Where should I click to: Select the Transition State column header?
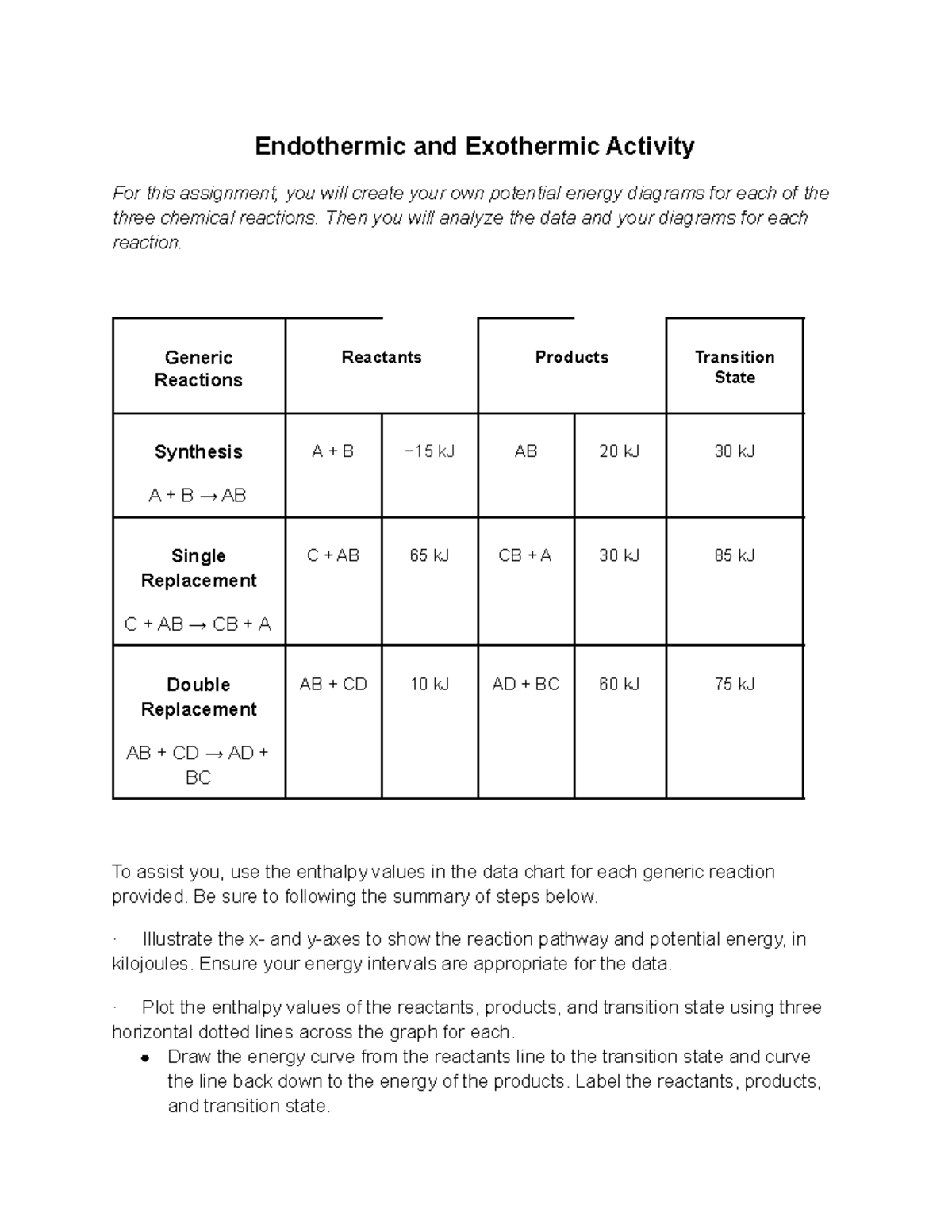coord(734,367)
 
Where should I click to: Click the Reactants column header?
coord(381,358)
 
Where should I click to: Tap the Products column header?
coord(571,358)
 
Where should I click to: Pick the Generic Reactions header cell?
coord(198,369)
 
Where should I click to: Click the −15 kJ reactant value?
coord(429,452)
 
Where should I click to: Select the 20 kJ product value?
coord(619,452)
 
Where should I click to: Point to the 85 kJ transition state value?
coord(734,556)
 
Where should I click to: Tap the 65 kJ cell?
coord(429,556)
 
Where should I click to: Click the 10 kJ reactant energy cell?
coord(429,685)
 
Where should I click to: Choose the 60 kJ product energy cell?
coord(619,685)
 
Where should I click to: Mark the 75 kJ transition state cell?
coord(734,685)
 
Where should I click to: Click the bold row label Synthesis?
coord(198,452)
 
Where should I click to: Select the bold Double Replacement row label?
coord(198,697)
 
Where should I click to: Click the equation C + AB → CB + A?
coord(198,625)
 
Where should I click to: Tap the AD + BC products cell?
coord(525,685)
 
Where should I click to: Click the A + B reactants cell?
coord(332,452)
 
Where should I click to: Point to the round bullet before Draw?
coord(144,1058)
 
